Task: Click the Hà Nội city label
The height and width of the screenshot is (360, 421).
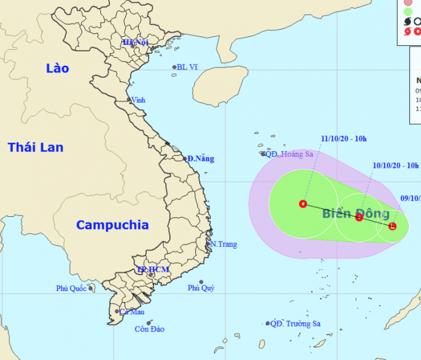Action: [135, 42]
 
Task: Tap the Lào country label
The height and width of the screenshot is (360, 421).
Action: [57, 68]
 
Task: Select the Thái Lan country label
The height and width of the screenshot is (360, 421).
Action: [35, 147]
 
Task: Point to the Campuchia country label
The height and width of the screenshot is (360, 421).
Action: [112, 225]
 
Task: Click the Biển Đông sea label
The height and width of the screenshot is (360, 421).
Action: [356, 213]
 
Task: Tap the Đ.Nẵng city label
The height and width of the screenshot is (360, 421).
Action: [201, 158]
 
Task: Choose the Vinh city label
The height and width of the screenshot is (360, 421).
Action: [138, 100]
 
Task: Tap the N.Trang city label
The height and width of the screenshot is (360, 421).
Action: [223, 244]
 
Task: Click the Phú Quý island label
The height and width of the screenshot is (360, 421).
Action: [201, 288]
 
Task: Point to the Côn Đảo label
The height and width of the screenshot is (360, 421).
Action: [149, 329]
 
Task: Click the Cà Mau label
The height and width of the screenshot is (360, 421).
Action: [132, 312]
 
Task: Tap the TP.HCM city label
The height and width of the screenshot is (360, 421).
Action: [153, 269]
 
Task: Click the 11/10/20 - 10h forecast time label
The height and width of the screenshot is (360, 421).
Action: [344, 139]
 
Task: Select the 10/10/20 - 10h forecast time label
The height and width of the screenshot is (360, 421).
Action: [395, 165]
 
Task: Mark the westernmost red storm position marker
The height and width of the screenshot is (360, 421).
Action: [303, 204]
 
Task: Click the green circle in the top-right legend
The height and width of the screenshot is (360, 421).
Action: [408, 11]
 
